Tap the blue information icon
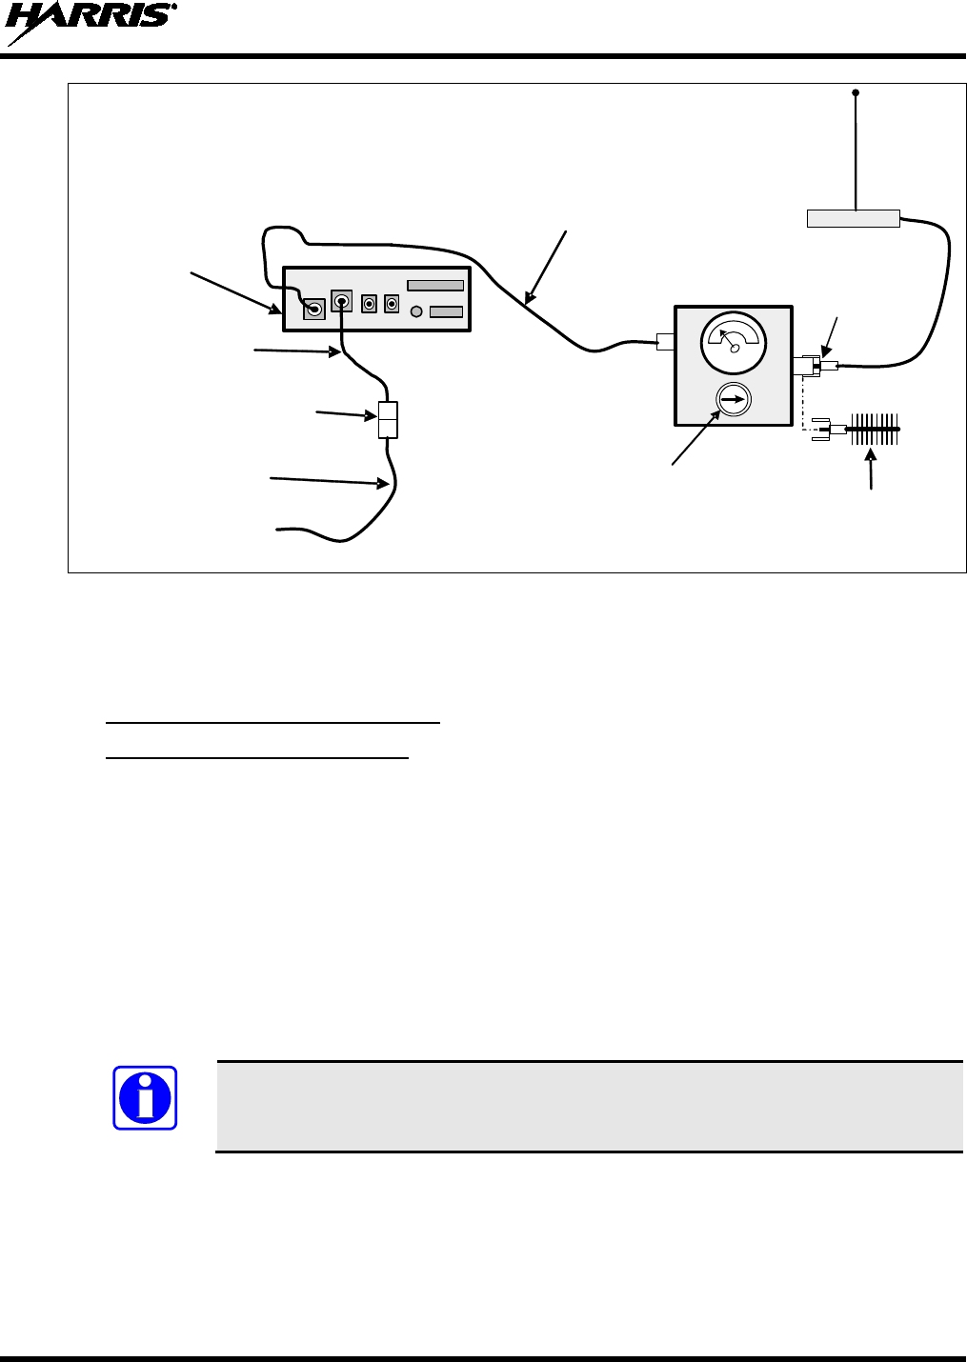pos(145,1097)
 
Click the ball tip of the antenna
pos(856,92)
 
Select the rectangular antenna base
pos(853,219)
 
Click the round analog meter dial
pos(733,343)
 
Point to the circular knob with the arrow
pos(733,400)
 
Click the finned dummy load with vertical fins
pos(874,429)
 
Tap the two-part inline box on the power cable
pos(388,420)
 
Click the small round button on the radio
pos(415,311)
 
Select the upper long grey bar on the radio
pos(435,285)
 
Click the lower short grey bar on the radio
pos(446,311)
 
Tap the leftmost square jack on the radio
pos(313,309)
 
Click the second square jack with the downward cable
pos(341,301)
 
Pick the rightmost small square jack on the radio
pos(392,304)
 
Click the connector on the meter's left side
pos(665,341)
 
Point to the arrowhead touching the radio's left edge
pos(276,310)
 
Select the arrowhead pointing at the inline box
pos(373,416)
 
